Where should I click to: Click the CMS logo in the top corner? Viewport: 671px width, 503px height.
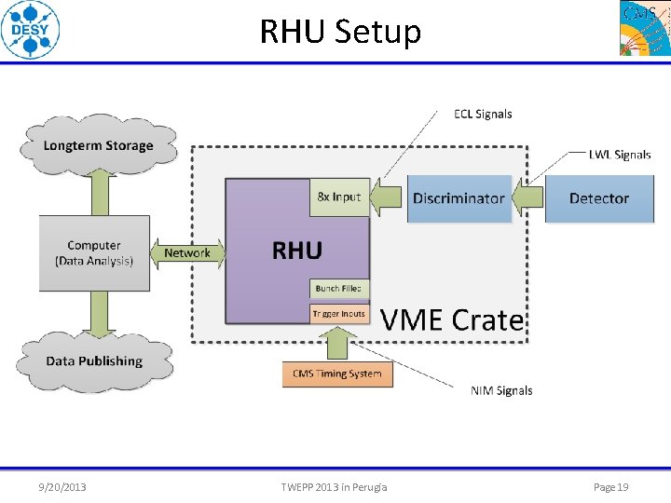[644, 28]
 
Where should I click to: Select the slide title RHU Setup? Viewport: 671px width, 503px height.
[340, 32]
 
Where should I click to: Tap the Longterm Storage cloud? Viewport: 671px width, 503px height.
[98, 145]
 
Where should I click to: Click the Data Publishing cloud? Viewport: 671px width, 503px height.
[94, 360]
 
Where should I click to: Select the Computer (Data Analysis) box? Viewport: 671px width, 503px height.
[94, 253]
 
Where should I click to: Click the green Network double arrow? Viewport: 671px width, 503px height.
[187, 252]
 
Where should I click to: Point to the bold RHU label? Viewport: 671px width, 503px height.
[296, 250]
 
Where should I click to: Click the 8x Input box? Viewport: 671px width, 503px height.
[339, 197]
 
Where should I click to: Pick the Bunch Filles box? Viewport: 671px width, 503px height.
[339, 289]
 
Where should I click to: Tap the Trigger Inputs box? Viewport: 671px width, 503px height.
[339, 313]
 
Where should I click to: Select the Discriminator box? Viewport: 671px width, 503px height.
[459, 198]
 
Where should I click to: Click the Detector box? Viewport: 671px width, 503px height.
[598, 198]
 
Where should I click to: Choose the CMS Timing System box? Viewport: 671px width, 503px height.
[337, 374]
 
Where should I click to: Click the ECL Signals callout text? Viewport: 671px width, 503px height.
[483, 114]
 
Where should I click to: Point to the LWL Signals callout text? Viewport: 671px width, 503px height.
[620, 155]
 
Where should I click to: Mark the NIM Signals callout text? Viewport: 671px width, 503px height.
[501, 390]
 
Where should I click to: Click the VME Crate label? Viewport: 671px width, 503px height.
[452, 320]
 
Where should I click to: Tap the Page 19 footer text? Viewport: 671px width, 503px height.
[611, 486]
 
